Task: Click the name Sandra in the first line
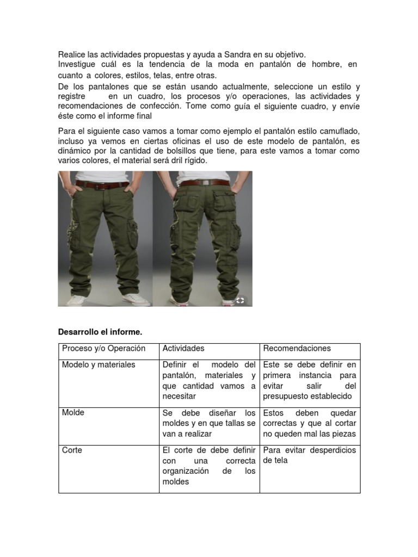pos(234,54)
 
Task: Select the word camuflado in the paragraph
pos(340,132)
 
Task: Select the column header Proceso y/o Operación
pos(104,349)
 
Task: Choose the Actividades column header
pos(183,349)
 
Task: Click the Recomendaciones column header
pos(297,349)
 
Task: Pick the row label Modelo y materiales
pos(99,364)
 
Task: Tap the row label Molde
pos(73,413)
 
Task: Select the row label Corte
pos(72,450)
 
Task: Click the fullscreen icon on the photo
pos(240,299)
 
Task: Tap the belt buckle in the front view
pos(99,185)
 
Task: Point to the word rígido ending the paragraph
pos(195,162)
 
